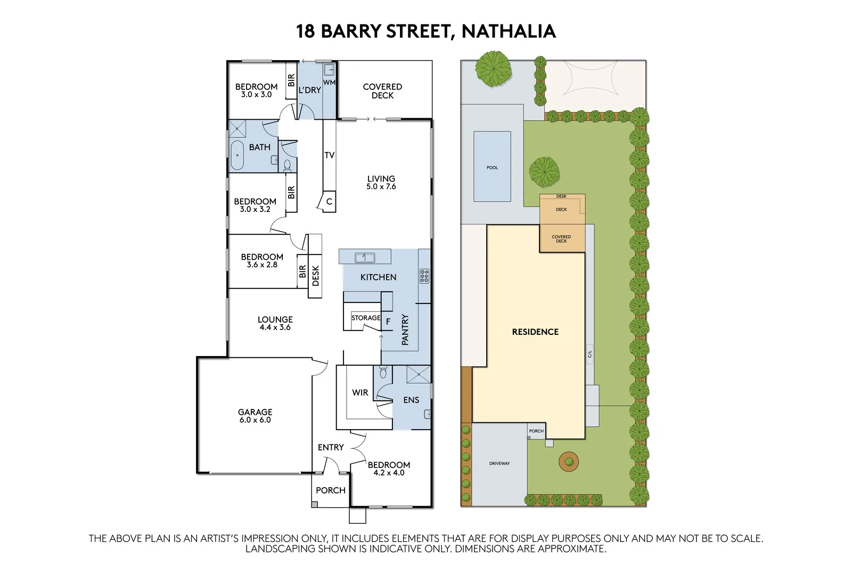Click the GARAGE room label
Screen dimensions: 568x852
(x=255, y=416)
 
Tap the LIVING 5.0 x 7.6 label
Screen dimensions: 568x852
(x=381, y=183)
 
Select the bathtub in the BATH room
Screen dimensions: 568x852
(x=237, y=155)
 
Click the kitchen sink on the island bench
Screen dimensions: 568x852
(x=365, y=258)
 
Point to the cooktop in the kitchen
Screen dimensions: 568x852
(x=424, y=276)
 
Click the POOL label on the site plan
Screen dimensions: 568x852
(x=492, y=168)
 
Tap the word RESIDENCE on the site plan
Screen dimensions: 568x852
(x=535, y=332)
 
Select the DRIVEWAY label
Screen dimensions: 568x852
(x=499, y=464)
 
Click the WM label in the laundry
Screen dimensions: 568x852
(x=329, y=83)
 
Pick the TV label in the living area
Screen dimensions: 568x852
(x=329, y=155)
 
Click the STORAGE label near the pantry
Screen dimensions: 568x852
(x=366, y=318)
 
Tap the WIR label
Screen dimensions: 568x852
(x=360, y=392)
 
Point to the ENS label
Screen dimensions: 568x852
(x=411, y=400)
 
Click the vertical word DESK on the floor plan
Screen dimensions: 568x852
(x=315, y=276)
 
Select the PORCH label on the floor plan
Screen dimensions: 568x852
(x=330, y=490)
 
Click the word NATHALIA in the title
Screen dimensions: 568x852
(x=509, y=31)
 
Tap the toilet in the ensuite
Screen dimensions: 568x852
(x=383, y=372)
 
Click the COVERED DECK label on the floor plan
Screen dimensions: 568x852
(x=382, y=91)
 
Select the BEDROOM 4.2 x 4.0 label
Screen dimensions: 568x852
(x=389, y=468)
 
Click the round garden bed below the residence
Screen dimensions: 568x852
(x=569, y=461)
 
